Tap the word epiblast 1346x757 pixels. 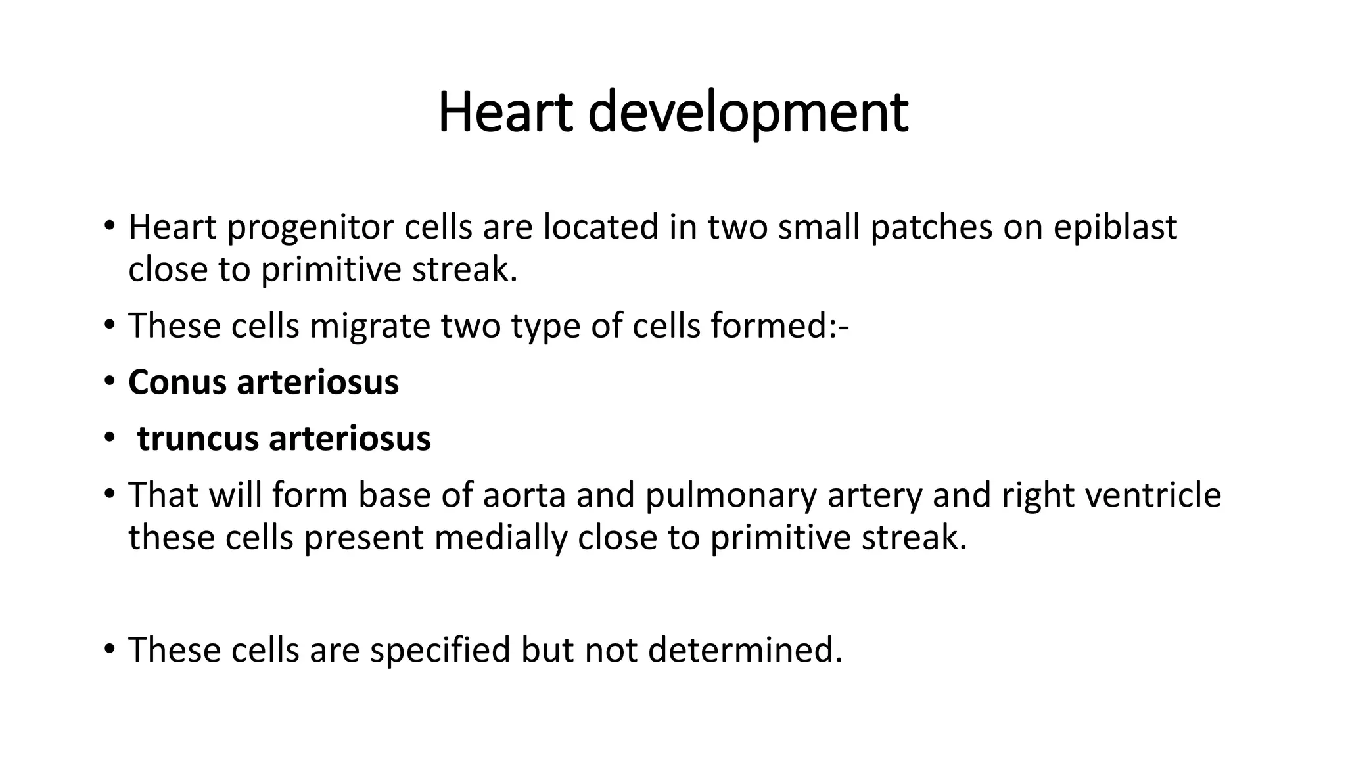tap(1115, 227)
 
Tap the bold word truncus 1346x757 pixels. tap(198, 439)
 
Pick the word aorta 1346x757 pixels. tap(524, 495)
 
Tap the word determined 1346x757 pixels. tap(745, 650)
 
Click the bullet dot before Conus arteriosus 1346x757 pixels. tap(109, 382)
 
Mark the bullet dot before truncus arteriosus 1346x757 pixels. tap(109, 439)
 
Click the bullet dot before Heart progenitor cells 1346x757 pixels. tap(109, 227)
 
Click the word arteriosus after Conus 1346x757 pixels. tap(317, 382)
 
